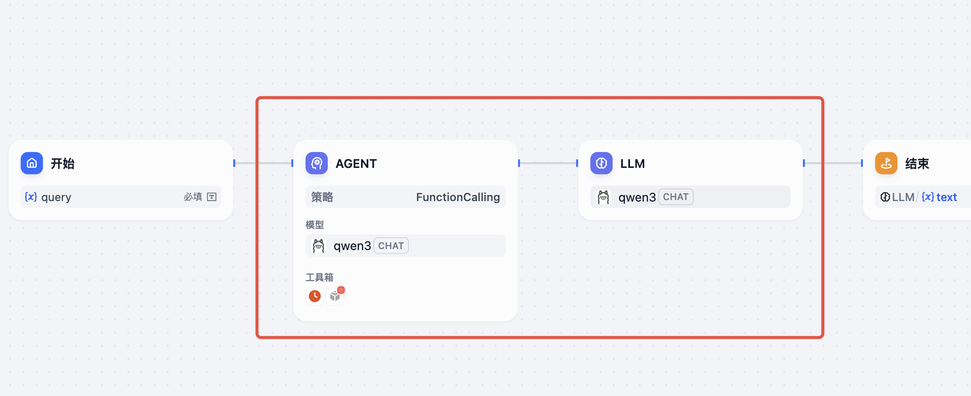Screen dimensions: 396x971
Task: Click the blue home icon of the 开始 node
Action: [x=32, y=163]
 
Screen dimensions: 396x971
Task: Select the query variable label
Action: [x=56, y=197]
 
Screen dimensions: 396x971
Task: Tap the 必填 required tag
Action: [x=193, y=197]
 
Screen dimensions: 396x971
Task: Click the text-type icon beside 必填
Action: [x=212, y=197]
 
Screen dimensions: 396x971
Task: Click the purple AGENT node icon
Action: [x=317, y=163]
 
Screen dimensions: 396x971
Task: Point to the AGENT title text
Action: [x=356, y=164]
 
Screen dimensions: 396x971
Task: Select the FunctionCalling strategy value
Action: [x=457, y=197]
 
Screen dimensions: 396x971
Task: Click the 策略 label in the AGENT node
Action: [x=322, y=197]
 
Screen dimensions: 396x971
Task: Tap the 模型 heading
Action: [x=314, y=225]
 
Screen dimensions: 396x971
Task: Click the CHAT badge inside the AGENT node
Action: [x=391, y=246]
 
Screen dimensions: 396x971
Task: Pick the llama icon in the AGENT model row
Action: [x=319, y=246]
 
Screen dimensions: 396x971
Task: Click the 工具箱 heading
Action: [x=319, y=277]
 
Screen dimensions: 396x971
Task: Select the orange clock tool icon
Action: [x=315, y=296]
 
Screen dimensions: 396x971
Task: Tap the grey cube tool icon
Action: [x=335, y=296]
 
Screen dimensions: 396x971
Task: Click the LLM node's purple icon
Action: [x=601, y=163]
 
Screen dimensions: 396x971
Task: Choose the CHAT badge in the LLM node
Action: [x=675, y=197]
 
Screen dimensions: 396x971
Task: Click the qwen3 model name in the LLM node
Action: [x=637, y=197]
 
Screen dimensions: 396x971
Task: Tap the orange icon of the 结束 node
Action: [x=886, y=163]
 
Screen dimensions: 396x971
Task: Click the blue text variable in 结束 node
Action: [x=946, y=197]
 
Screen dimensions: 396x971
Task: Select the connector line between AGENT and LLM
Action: [x=548, y=163]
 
